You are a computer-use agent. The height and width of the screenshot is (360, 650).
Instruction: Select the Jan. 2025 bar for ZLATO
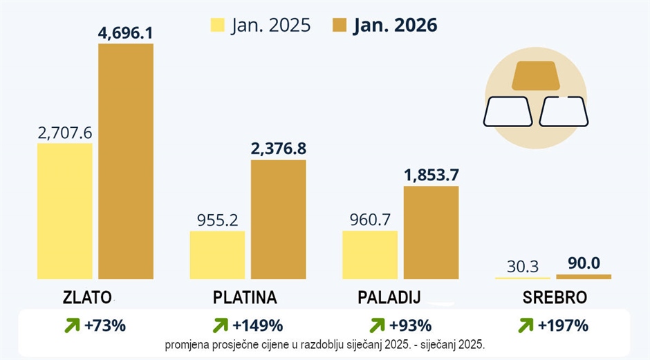(64, 211)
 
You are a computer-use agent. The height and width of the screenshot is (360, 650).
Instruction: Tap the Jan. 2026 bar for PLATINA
(278, 219)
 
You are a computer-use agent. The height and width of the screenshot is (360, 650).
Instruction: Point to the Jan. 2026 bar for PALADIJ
(431, 232)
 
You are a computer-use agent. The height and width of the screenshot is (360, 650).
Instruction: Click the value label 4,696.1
(125, 32)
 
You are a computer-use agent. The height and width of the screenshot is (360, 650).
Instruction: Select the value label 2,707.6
(64, 132)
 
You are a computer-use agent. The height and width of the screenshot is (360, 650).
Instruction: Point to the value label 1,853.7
(431, 174)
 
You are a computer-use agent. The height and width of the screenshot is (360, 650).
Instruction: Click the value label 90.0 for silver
(584, 263)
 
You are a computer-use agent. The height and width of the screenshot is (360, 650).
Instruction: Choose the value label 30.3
(523, 265)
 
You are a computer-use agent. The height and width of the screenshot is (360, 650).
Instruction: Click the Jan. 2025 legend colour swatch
(217, 26)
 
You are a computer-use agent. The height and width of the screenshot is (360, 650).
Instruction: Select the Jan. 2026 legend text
(395, 26)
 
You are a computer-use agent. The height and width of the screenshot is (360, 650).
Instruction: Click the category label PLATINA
(245, 298)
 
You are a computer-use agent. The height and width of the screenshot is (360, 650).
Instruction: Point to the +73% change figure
(105, 325)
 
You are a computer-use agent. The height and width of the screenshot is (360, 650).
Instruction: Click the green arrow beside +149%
(221, 325)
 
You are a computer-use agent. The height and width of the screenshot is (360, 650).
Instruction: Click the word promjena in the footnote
(186, 344)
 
